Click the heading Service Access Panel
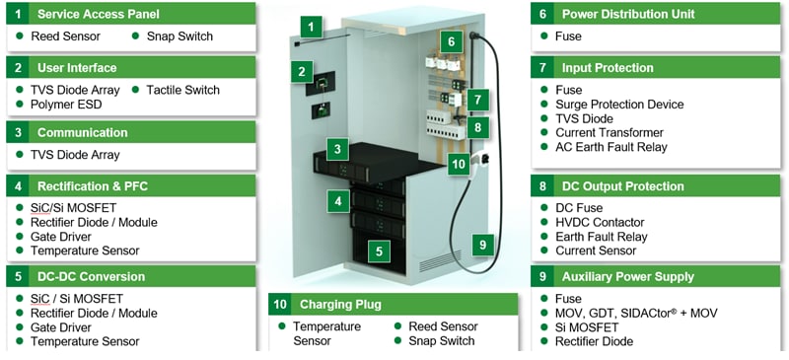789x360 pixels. click(x=98, y=15)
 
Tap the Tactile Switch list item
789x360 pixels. click(x=182, y=90)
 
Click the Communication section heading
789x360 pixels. click(x=82, y=132)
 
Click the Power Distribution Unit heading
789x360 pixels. click(x=628, y=15)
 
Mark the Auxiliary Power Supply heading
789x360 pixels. click(x=627, y=276)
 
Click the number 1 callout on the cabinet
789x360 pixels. click(x=312, y=28)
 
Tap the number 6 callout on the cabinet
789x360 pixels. click(x=451, y=42)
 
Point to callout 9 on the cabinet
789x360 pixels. click(x=482, y=244)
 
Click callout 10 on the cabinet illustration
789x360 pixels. click(x=458, y=164)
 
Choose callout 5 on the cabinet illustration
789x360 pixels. click(x=378, y=252)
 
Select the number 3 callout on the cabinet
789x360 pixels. click(x=337, y=150)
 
